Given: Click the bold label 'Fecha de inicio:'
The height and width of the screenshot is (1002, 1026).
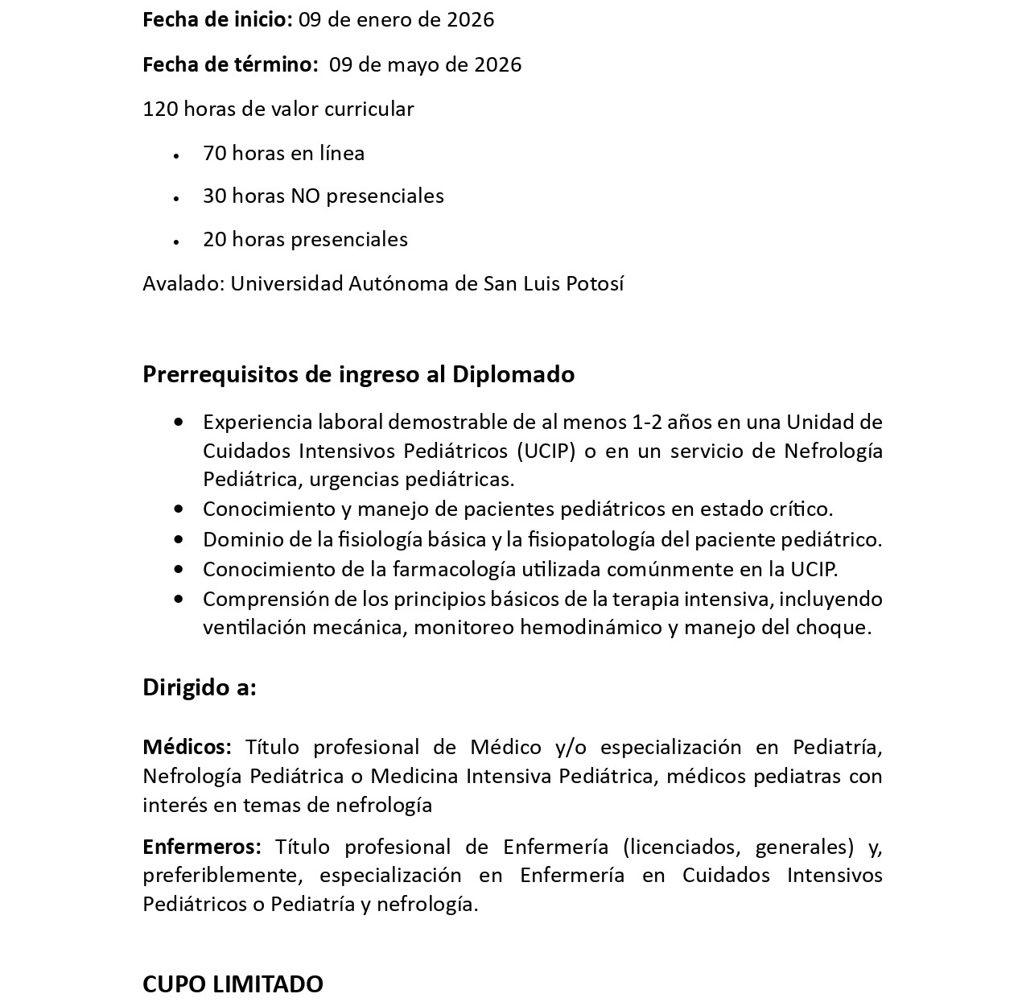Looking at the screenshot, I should pyautogui.click(x=217, y=20).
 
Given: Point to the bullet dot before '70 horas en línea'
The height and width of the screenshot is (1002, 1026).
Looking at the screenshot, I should pyautogui.click(x=176, y=154).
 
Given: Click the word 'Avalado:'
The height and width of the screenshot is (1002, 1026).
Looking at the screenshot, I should pyautogui.click(x=183, y=283).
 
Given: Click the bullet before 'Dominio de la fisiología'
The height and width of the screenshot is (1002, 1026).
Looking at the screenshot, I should pyautogui.click(x=179, y=539).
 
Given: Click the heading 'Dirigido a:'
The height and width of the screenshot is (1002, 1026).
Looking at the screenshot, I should pyautogui.click(x=200, y=687).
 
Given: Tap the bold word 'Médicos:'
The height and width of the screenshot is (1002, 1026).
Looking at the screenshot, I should pyautogui.click(x=187, y=747).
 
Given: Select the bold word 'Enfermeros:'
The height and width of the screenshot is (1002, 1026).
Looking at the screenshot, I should pyautogui.click(x=202, y=847).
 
